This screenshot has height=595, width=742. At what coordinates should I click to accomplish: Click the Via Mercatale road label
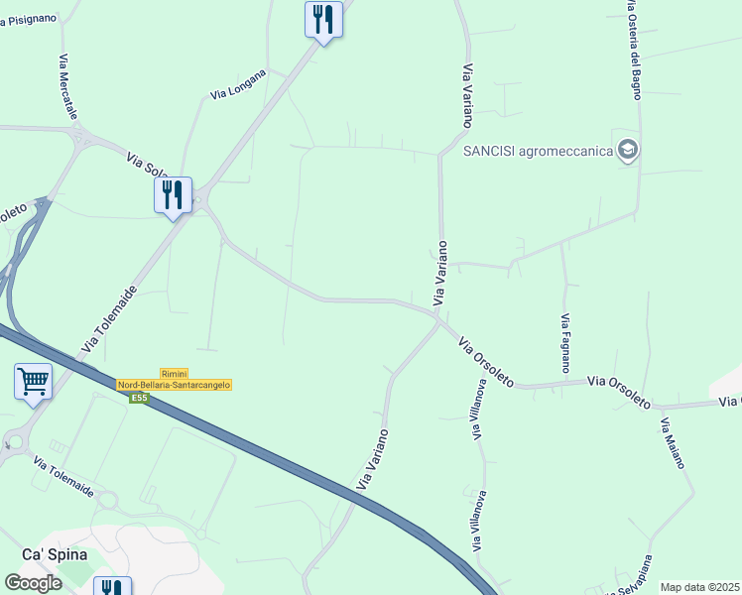tap(66, 87)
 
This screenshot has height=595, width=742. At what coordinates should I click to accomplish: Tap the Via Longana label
tap(239, 83)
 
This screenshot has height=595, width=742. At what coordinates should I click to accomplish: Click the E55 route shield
tap(139, 398)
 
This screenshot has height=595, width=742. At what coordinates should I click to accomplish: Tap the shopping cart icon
tap(33, 381)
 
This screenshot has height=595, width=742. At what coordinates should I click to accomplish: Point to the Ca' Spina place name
tap(55, 554)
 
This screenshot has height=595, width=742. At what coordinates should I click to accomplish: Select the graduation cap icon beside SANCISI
tap(627, 151)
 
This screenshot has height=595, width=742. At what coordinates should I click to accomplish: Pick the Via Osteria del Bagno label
tap(634, 50)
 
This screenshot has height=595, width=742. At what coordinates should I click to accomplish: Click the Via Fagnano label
tap(564, 343)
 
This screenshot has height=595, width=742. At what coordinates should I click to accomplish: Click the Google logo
tap(33, 583)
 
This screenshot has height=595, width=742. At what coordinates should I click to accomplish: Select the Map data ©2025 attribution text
tap(699, 587)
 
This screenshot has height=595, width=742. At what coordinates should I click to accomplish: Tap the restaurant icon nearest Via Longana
tap(323, 18)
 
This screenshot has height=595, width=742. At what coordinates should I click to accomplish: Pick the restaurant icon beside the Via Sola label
tap(173, 194)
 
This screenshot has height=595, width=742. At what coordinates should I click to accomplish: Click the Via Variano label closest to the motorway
tap(372, 459)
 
